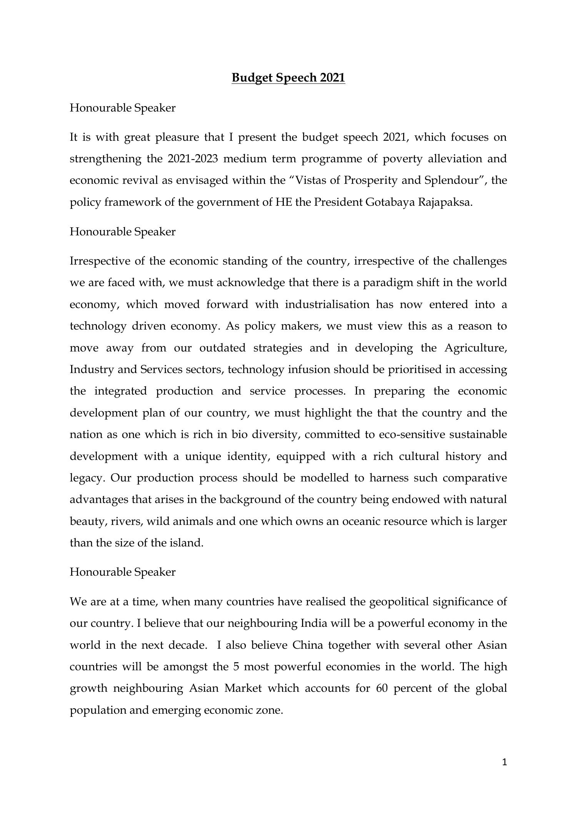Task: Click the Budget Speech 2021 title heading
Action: tap(288, 78)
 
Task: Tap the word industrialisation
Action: tap(327, 304)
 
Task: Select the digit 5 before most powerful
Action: tap(237, 666)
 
